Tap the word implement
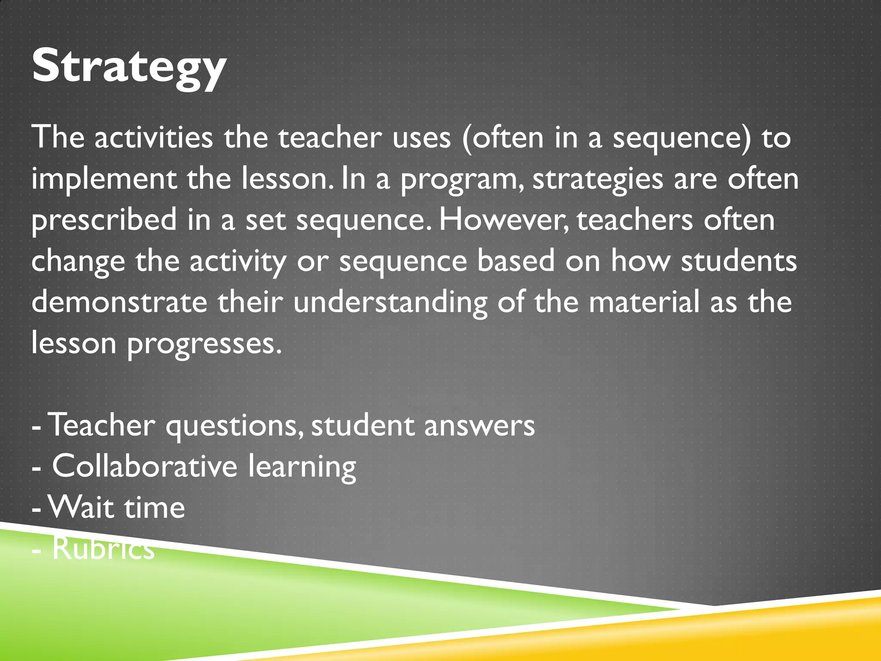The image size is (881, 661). click(104, 179)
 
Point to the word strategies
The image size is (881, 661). click(598, 179)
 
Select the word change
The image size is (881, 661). click(78, 262)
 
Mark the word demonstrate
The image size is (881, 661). click(119, 302)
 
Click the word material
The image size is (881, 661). click(644, 302)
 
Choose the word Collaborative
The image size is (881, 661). click(145, 466)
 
